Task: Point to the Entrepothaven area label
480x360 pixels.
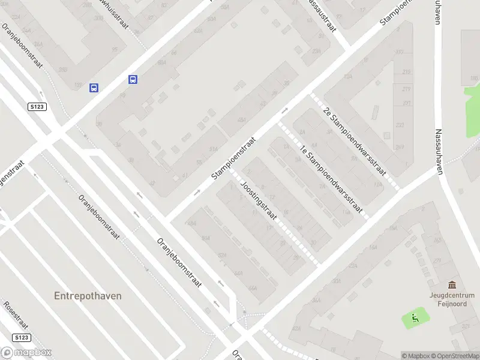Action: (x=88, y=296)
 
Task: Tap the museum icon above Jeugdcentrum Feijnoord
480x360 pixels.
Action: (x=451, y=284)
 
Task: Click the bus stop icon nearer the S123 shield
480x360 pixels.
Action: (x=94, y=88)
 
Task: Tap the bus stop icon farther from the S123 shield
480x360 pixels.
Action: (x=133, y=79)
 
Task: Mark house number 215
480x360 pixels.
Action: (x=407, y=72)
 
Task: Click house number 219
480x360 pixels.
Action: (x=407, y=89)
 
